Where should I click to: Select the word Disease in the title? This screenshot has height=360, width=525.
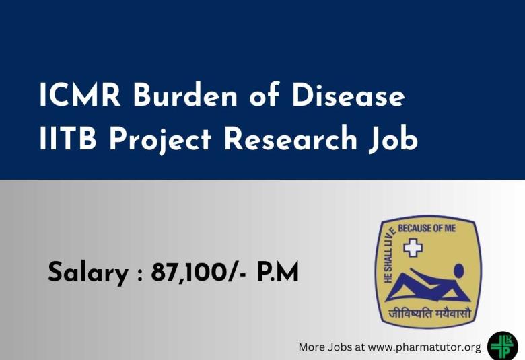point(349,97)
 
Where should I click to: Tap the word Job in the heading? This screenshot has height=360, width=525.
point(392,140)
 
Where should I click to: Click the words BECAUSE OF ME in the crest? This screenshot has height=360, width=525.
point(427,229)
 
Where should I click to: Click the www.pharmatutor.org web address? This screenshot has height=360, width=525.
point(425,347)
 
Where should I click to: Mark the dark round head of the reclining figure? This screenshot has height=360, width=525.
point(458,271)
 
